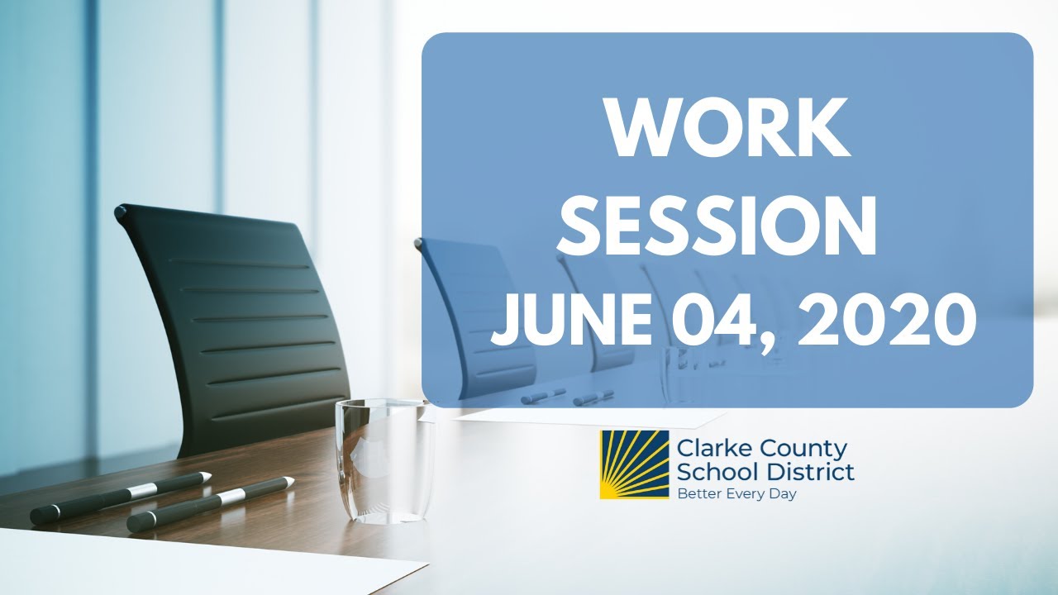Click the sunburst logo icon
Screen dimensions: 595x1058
coord(634,464)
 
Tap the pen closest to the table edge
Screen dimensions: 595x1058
coord(210,504)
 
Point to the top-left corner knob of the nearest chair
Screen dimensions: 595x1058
coord(122,212)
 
